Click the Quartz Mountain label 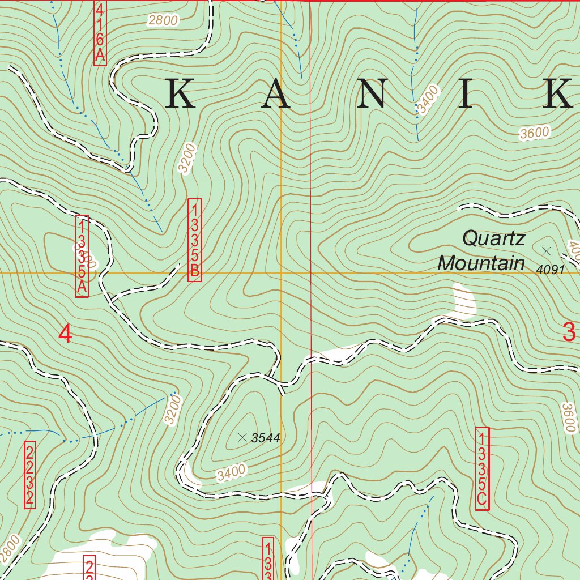tap(482, 250)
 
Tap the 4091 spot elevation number tap(551, 270)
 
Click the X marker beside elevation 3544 tap(242, 437)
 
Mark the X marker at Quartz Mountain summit tap(546, 250)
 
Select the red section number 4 tap(66, 334)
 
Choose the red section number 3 tap(569, 332)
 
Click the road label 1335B tap(194, 240)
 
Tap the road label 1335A tap(82, 256)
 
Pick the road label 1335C tap(482, 468)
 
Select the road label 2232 tap(30, 474)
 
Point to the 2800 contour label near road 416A tap(163, 22)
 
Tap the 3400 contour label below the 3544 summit tap(231, 472)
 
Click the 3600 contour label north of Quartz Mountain tap(535, 133)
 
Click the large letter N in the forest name tap(372, 93)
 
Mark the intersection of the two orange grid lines tap(282, 272)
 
